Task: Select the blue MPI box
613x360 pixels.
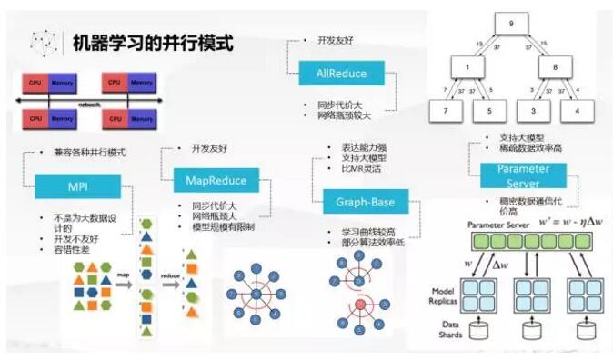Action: click(x=77, y=185)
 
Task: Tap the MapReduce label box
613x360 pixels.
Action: click(x=209, y=180)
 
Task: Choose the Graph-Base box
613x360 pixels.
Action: click(x=366, y=203)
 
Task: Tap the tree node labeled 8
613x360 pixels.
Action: click(x=556, y=66)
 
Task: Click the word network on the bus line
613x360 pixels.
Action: click(x=89, y=104)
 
